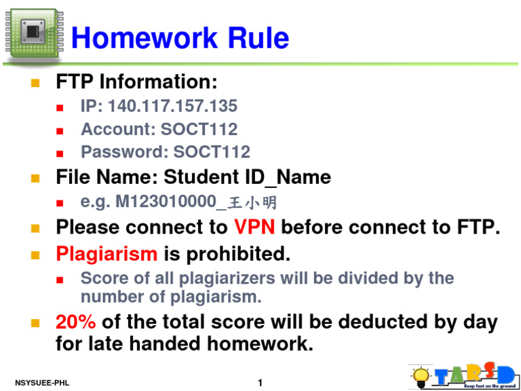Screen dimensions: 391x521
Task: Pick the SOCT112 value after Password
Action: point(212,151)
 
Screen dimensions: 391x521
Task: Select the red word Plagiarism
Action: point(107,255)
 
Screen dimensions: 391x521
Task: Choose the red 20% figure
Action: point(75,322)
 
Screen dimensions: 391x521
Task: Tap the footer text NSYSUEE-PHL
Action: point(42,384)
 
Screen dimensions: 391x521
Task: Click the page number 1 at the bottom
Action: point(260,384)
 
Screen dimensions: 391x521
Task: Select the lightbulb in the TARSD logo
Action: point(421,375)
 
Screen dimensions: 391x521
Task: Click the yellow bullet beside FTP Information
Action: point(35,83)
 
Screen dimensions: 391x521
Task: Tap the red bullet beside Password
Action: point(60,152)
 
